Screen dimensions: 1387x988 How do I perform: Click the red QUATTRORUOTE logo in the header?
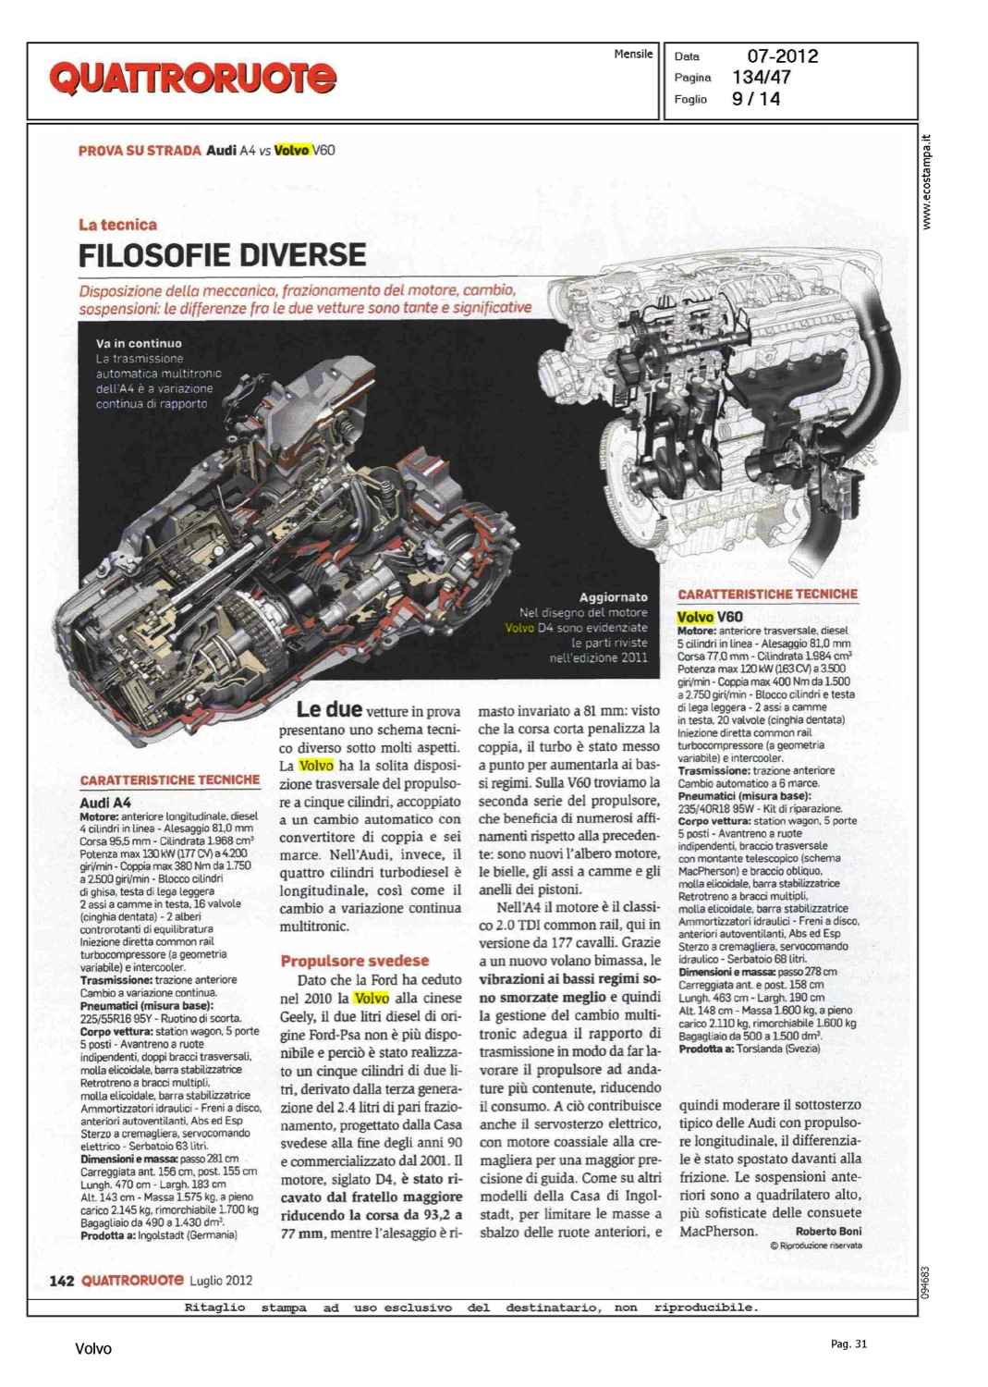point(192,78)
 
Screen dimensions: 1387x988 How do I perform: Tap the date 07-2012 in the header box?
point(782,56)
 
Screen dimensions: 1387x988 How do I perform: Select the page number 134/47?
point(762,78)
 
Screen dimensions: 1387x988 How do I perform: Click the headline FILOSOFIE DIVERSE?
point(222,254)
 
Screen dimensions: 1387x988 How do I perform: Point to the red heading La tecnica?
point(117,225)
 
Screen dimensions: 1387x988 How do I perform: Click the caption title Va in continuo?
point(139,343)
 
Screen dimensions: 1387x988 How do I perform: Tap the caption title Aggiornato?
point(613,597)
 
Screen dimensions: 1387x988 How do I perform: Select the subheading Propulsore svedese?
point(355,961)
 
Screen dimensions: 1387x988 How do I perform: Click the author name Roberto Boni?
point(828,1231)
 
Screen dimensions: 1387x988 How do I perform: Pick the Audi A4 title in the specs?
point(105,803)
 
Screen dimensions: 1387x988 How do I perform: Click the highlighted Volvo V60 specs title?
point(710,617)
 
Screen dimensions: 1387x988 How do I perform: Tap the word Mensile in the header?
point(633,55)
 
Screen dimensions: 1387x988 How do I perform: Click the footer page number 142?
point(61,1281)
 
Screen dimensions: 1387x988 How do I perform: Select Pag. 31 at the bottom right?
point(848,1344)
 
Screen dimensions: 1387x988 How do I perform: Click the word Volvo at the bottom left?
point(93,1348)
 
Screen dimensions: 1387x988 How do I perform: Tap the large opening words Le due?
point(329,710)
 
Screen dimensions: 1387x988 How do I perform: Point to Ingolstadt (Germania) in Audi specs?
point(187,1234)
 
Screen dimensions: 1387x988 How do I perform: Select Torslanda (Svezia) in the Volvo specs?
point(778,1049)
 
